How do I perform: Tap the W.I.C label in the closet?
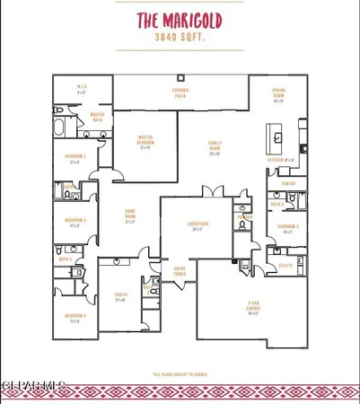pyautogui.click(x=80, y=88)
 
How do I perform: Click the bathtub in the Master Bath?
pyautogui.click(x=61, y=127)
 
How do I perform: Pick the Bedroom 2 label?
pyautogui.click(x=75, y=161)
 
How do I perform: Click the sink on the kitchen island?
pyautogui.click(x=278, y=138)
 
